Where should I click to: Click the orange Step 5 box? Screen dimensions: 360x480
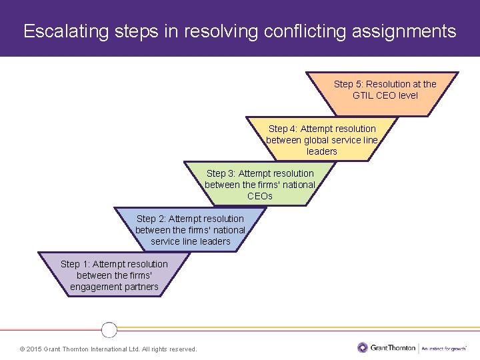tap(385, 93)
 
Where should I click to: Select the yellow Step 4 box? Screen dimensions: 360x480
tap(322, 139)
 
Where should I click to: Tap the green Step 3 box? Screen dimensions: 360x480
tap(259, 184)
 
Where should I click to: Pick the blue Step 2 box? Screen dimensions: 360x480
tap(190, 229)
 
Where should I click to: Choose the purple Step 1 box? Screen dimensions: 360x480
tap(114, 275)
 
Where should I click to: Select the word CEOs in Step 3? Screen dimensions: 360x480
tap(260, 196)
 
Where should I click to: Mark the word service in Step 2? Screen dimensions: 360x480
tap(166, 241)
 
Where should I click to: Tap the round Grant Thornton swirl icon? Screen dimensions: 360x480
tap(363, 347)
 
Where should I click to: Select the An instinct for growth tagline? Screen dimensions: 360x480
tap(443, 348)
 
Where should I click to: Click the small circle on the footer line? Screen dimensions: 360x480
tap(109, 329)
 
